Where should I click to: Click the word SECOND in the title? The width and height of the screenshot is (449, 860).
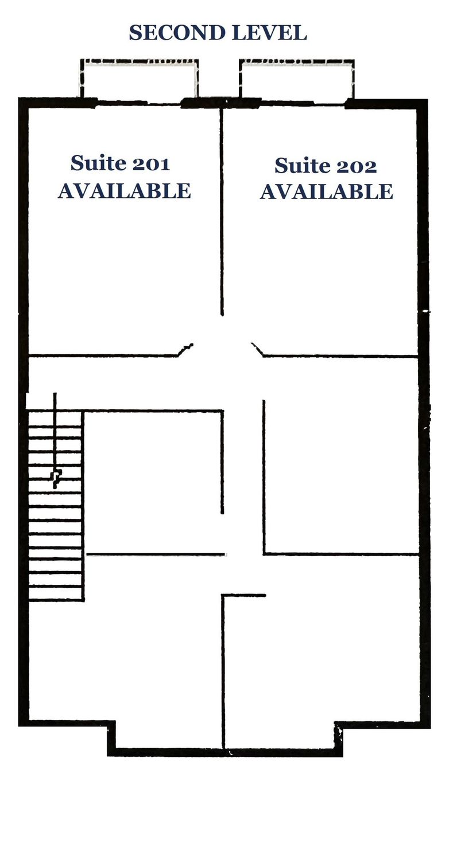177,33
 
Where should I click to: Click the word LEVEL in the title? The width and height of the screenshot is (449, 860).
270,33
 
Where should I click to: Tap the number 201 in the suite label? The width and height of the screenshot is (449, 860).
150,164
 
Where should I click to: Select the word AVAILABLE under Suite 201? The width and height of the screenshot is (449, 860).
124,191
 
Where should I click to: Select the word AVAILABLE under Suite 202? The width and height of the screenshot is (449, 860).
326,191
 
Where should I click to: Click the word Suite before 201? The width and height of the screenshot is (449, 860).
99,163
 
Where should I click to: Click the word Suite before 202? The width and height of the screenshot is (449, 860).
303,166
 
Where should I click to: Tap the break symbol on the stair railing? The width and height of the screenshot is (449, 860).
57,477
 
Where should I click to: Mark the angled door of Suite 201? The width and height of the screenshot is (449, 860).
185,350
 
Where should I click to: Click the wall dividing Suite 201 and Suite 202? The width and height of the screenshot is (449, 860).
222,211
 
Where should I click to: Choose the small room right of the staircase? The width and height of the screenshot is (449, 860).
153,482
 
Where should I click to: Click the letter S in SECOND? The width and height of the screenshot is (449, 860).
136,33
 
